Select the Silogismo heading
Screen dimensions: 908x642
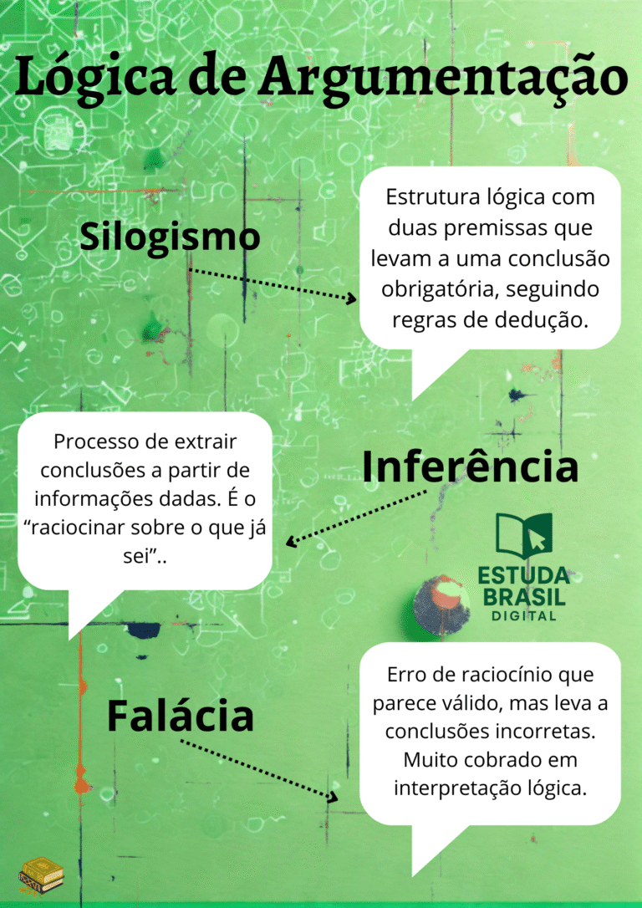pyautogui.click(x=169, y=237)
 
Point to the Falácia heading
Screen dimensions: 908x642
pyautogui.click(x=180, y=717)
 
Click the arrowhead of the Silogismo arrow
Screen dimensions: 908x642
pyautogui.click(x=352, y=298)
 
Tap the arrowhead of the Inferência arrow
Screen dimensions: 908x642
pyautogui.click(x=290, y=542)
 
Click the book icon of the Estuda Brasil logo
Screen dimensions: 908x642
pyautogui.click(x=524, y=536)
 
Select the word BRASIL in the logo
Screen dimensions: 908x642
pyautogui.click(x=524, y=596)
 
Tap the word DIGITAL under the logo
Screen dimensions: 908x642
pyautogui.click(x=524, y=616)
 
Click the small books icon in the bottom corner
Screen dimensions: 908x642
pyautogui.click(x=43, y=875)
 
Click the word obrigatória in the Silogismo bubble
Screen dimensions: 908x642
pyautogui.click(x=441, y=288)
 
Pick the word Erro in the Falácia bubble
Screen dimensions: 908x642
pyautogui.click(x=404, y=674)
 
